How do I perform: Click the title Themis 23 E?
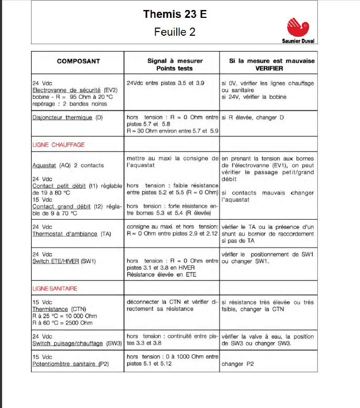click(x=175, y=14)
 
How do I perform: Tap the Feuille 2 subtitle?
click(x=175, y=32)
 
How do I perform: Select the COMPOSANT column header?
click(x=78, y=61)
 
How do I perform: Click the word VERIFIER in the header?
click(x=269, y=68)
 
